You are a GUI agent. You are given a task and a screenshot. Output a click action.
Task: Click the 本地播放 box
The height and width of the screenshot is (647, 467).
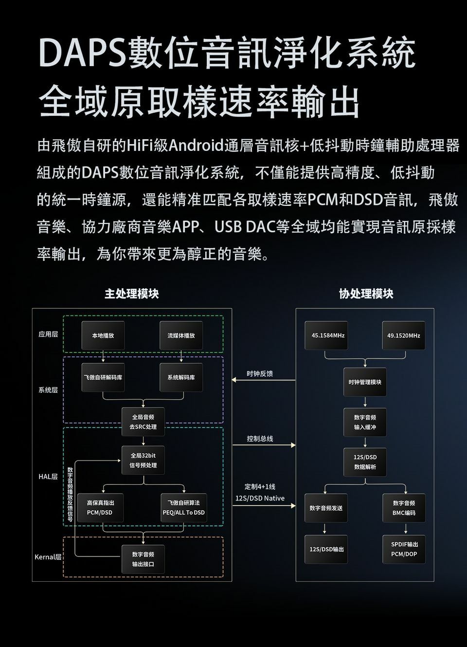(x=103, y=335)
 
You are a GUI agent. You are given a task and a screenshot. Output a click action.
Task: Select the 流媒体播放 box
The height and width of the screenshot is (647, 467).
(x=181, y=335)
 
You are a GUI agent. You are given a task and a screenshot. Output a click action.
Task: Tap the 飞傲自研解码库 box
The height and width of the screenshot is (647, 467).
(x=103, y=377)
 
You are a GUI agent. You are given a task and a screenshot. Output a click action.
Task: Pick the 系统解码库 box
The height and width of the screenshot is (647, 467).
(x=181, y=377)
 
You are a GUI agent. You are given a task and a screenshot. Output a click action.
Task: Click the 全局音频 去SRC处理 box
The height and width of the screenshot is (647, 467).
(x=143, y=422)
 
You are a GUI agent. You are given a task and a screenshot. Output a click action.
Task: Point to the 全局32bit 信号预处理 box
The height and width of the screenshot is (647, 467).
(x=143, y=460)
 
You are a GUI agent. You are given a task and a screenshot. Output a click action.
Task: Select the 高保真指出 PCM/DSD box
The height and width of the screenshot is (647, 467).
(x=100, y=507)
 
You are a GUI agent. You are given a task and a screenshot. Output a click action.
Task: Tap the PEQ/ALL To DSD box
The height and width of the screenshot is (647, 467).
(x=183, y=507)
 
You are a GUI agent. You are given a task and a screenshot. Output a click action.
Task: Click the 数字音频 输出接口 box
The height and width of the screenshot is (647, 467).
(x=143, y=559)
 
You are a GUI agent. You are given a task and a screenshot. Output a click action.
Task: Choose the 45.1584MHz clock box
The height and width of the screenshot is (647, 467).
(x=326, y=335)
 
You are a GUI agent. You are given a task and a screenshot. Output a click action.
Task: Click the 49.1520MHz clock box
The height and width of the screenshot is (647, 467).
(x=404, y=335)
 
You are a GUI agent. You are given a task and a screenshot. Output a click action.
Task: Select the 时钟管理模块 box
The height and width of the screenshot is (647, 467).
(x=365, y=382)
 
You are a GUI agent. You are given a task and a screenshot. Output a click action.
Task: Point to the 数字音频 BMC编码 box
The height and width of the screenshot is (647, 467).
(x=404, y=508)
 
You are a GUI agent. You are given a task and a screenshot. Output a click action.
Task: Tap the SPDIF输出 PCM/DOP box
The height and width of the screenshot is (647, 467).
(x=404, y=549)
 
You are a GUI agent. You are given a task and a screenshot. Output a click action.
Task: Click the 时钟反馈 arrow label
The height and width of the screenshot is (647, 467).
(x=260, y=373)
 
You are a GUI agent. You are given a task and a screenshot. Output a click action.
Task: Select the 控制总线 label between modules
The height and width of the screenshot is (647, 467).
(x=260, y=439)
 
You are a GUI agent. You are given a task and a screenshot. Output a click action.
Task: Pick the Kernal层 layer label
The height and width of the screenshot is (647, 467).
(x=48, y=557)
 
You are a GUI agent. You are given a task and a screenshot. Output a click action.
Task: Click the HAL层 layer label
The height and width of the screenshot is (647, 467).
(x=48, y=477)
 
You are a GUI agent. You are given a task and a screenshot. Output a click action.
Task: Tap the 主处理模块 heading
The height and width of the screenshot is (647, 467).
(x=132, y=294)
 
